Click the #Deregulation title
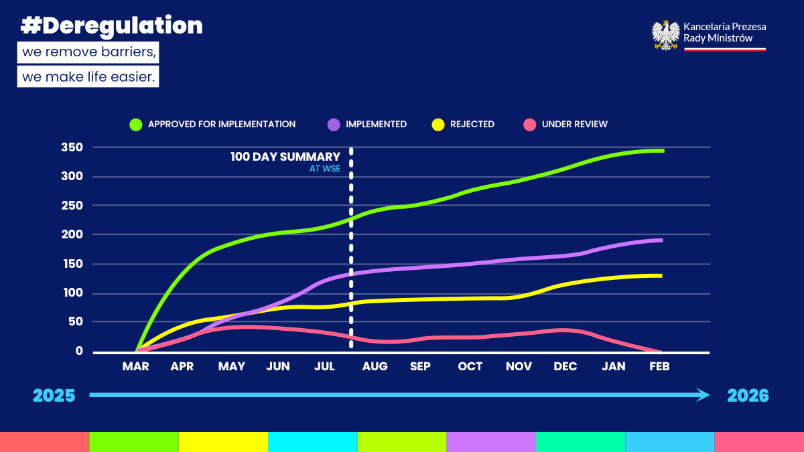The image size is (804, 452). pyautogui.click(x=112, y=26)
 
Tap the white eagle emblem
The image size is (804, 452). pyautogui.click(x=665, y=35)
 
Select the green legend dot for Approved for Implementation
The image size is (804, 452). pyautogui.click(x=136, y=125)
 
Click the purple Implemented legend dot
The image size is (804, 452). pyautogui.click(x=334, y=125)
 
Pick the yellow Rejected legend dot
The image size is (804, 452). pyautogui.click(x=438, y=125)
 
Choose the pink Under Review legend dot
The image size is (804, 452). pyautogui.click(x=530, y=125)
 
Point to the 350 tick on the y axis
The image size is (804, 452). pyautogui.click(x=72, y=147)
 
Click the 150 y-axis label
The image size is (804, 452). pyautogui.click(x=73, y=264)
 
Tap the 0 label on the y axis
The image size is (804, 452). pyautogui.click(x=79, y=351)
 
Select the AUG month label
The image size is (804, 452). pyautogui.click(x=375, y=366)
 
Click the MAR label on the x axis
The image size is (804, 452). pyautogui.click(x=135, y=366)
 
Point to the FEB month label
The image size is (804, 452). pyautogui.click(x=659, y=366)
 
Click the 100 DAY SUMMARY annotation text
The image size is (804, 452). pyautogui.click(x=285, y=157)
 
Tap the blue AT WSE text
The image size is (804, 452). pyautogui.click(x=325, y=169)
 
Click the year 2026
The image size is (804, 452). pyautogui.click(x=748, y=396)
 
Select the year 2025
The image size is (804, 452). pyautogui.click(x=54, y=396)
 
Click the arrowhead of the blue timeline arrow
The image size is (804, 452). pyautogui.click(x=703, y=395)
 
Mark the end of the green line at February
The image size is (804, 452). pyautogui.click(x=663, y=151)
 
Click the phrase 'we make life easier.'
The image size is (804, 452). pyautogui.click(x=88, y=77)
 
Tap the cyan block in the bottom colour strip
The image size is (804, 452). pyautogui.click(x=313, y=442)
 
